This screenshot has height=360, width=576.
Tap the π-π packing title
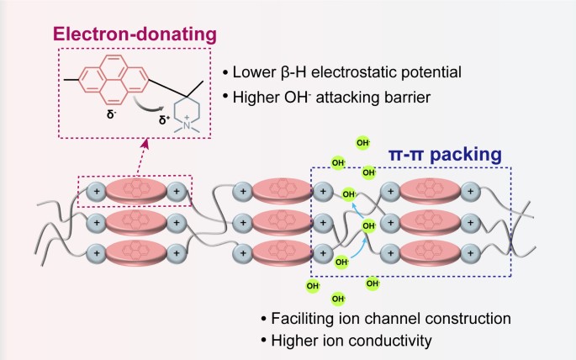click(x=446, y=156)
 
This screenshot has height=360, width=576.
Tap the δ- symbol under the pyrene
click(x=111, y=108)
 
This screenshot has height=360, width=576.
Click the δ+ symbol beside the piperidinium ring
click(x=165, y=119)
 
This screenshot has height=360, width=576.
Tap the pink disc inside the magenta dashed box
click(x=135, y=192)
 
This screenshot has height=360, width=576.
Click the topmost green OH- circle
click(x=362, y=143)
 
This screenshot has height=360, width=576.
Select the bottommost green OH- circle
click(x=339, y=299)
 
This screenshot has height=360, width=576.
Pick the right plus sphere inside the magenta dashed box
click(x=176, y=192)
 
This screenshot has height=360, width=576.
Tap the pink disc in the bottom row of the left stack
click(x=135, y=251)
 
